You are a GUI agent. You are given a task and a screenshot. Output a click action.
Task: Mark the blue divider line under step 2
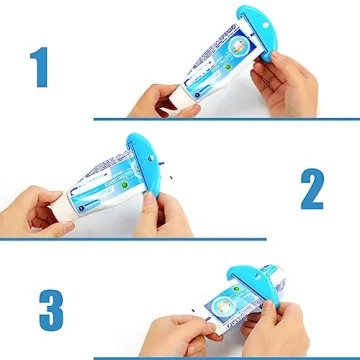pyautogui.click(x=130, y=239)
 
